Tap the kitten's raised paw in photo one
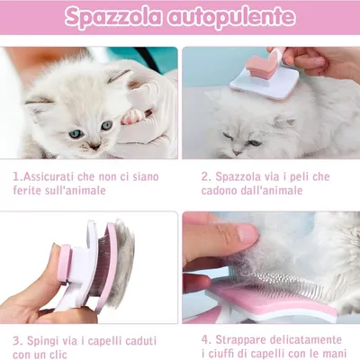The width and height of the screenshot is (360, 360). pyautogui.click(x=132, y=116)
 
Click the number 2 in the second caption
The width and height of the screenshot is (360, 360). pyautogui.click(x=204, y=177)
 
